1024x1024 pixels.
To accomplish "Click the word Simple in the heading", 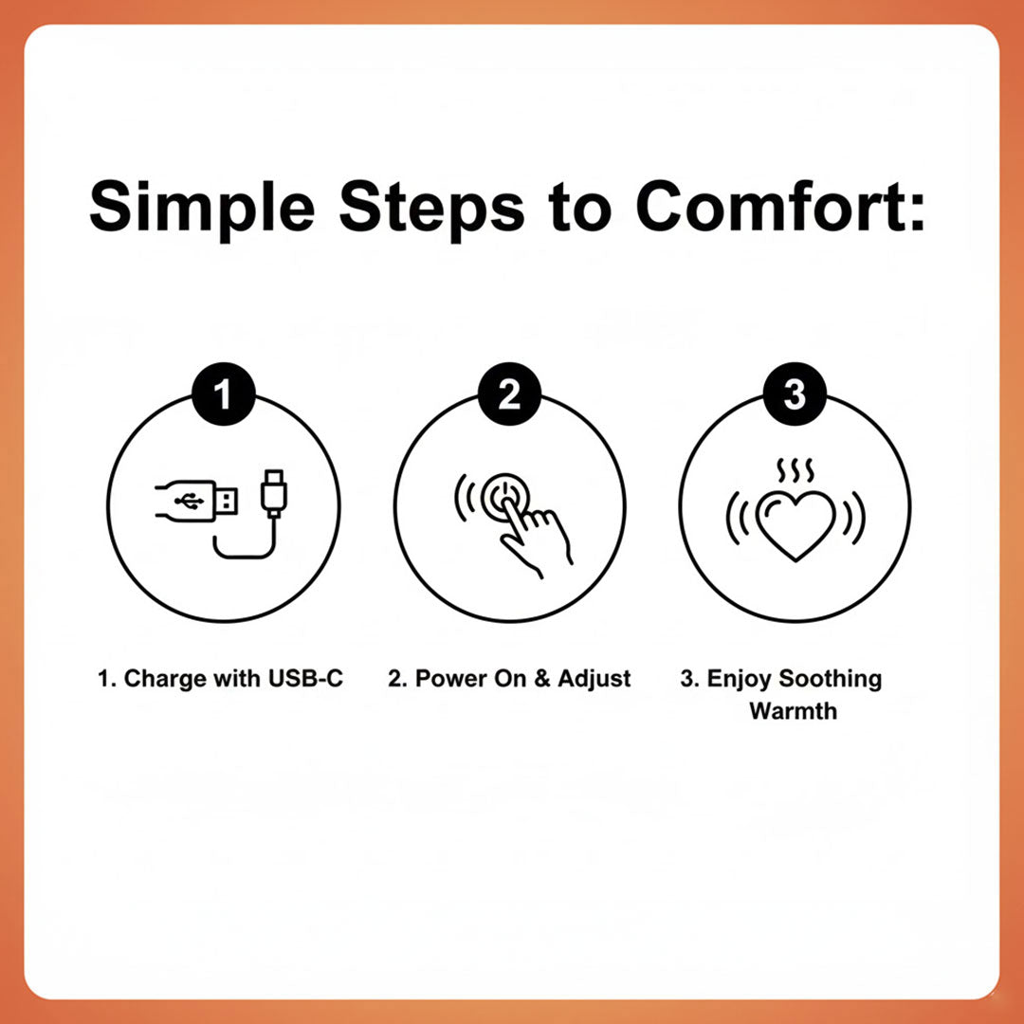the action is [x=203, y=209].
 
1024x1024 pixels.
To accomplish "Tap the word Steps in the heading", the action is [x=431, y=208].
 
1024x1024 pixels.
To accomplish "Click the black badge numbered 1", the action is [x=224, y=394].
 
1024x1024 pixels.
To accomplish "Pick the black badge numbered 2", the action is [x=509, y=394].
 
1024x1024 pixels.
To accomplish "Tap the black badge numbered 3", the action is [x=795, y=394].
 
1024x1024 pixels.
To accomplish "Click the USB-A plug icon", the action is [x=196, y=502].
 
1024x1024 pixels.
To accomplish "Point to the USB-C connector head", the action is [x=274, y=493].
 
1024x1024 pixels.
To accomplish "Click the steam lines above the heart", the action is [x=795, y=470].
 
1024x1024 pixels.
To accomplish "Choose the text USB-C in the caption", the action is [x=305, y=678].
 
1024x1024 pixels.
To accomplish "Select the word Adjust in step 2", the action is [x=594, y=680].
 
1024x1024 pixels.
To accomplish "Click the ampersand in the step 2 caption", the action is [x=542, y=678].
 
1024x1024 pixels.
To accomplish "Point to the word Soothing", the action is [x=830, y=680].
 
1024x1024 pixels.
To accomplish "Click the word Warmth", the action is [x=794, y=710].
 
